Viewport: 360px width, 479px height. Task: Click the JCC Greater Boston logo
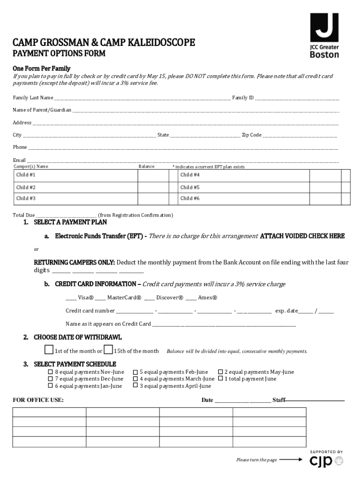click(x=324, y=35)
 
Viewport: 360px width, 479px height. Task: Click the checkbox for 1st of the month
click(x=49, y=350)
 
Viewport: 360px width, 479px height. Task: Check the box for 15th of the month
click(x=108, y=350)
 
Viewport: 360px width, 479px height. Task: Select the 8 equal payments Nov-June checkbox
click(x=50, y=372)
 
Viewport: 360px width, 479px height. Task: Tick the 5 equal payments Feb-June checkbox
click(x=136, y=372)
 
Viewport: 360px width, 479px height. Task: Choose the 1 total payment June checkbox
click(x=220, y=379)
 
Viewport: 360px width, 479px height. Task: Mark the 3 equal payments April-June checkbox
click(x=136, y=386)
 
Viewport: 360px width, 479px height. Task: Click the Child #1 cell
click(x=75, y=175)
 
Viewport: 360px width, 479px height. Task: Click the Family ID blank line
click(x=297, y=98)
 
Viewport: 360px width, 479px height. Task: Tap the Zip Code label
click(x=252, y=135)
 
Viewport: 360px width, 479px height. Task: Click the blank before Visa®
click(x=71, y=298)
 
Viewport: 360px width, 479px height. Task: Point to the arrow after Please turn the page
click(x=291, y=459)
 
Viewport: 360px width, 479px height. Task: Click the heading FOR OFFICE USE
click(x=38, y=400)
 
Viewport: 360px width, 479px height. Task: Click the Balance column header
click(x=146, y=167)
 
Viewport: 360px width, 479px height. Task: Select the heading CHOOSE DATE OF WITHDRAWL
click(x=78, y=337)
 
